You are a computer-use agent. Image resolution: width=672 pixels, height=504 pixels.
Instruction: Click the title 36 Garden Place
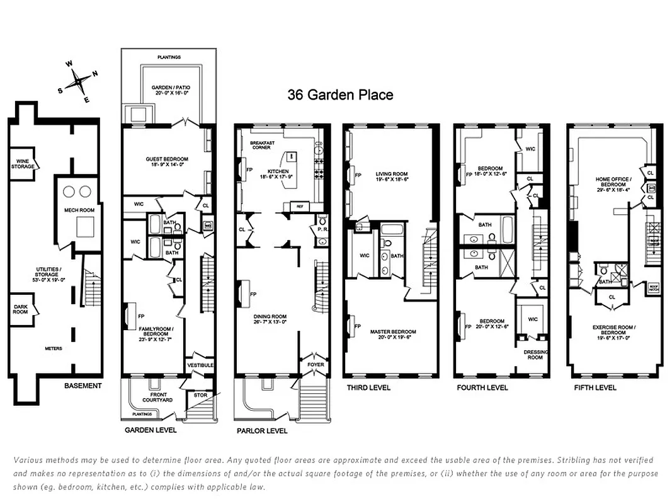coord(340,95)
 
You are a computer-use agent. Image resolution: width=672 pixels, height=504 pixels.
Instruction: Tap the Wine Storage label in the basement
coord(23,164)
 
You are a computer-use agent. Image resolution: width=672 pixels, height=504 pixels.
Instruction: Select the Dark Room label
coord(21,309)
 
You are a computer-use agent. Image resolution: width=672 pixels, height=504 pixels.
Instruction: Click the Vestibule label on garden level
coord(201,365)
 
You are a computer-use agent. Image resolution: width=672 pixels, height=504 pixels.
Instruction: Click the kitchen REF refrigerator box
coord(300,205)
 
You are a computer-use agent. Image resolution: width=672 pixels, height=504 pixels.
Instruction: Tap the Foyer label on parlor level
coord(316,365)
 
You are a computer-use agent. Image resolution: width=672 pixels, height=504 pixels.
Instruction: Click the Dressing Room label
coord(536,355)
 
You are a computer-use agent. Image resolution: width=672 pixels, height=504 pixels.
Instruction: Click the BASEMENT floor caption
coord(83,386)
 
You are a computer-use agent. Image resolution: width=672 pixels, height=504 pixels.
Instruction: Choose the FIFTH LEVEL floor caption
coord(594,387)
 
